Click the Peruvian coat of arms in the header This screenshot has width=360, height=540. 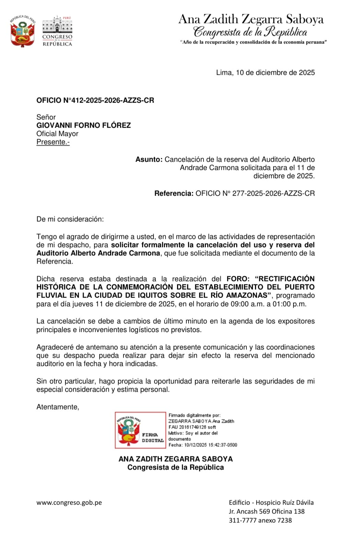[23, 31]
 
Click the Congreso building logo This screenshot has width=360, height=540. [57, 31]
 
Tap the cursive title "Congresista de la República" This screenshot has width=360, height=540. [250, 32]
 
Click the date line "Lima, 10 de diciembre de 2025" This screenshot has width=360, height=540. [265, 72]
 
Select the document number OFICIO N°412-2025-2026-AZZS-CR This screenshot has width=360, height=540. [95, 100]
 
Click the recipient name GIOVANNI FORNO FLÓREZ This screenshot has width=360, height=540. [83, 125]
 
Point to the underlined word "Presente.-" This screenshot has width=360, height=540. [53, 142]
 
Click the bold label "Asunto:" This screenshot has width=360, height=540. [149, 159]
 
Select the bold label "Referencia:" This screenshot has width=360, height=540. [174, 193]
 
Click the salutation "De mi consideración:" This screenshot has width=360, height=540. [70, 219]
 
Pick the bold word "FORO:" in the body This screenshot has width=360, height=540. [238, 279]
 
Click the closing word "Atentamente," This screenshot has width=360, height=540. [58, 407]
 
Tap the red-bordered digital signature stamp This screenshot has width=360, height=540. [140, 430]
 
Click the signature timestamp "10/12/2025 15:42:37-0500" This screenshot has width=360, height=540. [210, 445]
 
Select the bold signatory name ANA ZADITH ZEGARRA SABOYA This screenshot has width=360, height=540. [175, 459]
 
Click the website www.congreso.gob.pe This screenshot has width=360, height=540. [69, 503]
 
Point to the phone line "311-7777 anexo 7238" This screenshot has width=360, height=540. [260, 520]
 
